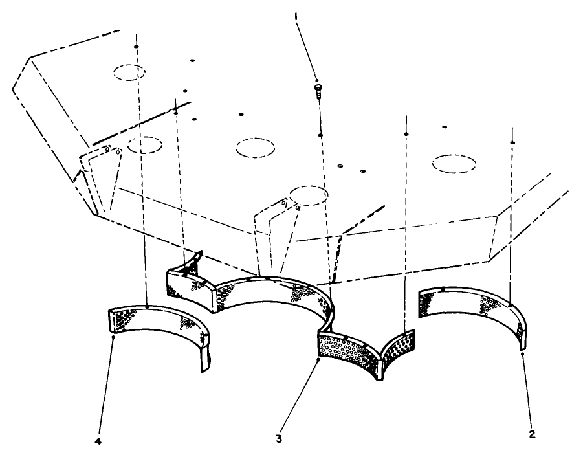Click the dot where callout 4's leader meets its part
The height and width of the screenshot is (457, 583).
113,337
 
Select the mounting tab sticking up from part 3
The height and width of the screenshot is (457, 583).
194,262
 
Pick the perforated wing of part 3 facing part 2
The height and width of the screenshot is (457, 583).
398,346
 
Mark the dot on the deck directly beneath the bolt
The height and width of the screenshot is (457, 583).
320,135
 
